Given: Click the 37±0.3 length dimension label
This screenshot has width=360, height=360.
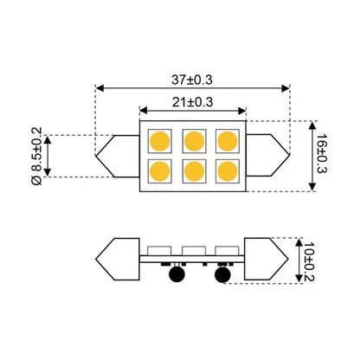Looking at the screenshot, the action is pos(192,80).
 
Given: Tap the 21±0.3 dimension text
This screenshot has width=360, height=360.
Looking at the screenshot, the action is pos(193,102).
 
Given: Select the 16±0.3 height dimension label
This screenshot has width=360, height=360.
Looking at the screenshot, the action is pos(322,153).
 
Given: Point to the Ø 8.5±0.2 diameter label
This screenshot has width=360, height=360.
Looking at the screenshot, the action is pos(36,156).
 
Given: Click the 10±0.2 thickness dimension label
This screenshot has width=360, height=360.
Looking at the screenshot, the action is pos(309,261).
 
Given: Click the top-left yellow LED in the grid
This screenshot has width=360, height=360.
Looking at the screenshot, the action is pos(160,141).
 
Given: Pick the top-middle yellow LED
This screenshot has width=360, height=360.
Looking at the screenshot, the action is pos(194,141).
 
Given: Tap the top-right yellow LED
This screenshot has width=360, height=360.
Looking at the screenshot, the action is pos(228,141).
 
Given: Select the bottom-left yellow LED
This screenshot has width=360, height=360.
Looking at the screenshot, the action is pos(160,171).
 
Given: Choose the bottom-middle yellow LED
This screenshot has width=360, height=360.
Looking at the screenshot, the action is pos(194,171).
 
